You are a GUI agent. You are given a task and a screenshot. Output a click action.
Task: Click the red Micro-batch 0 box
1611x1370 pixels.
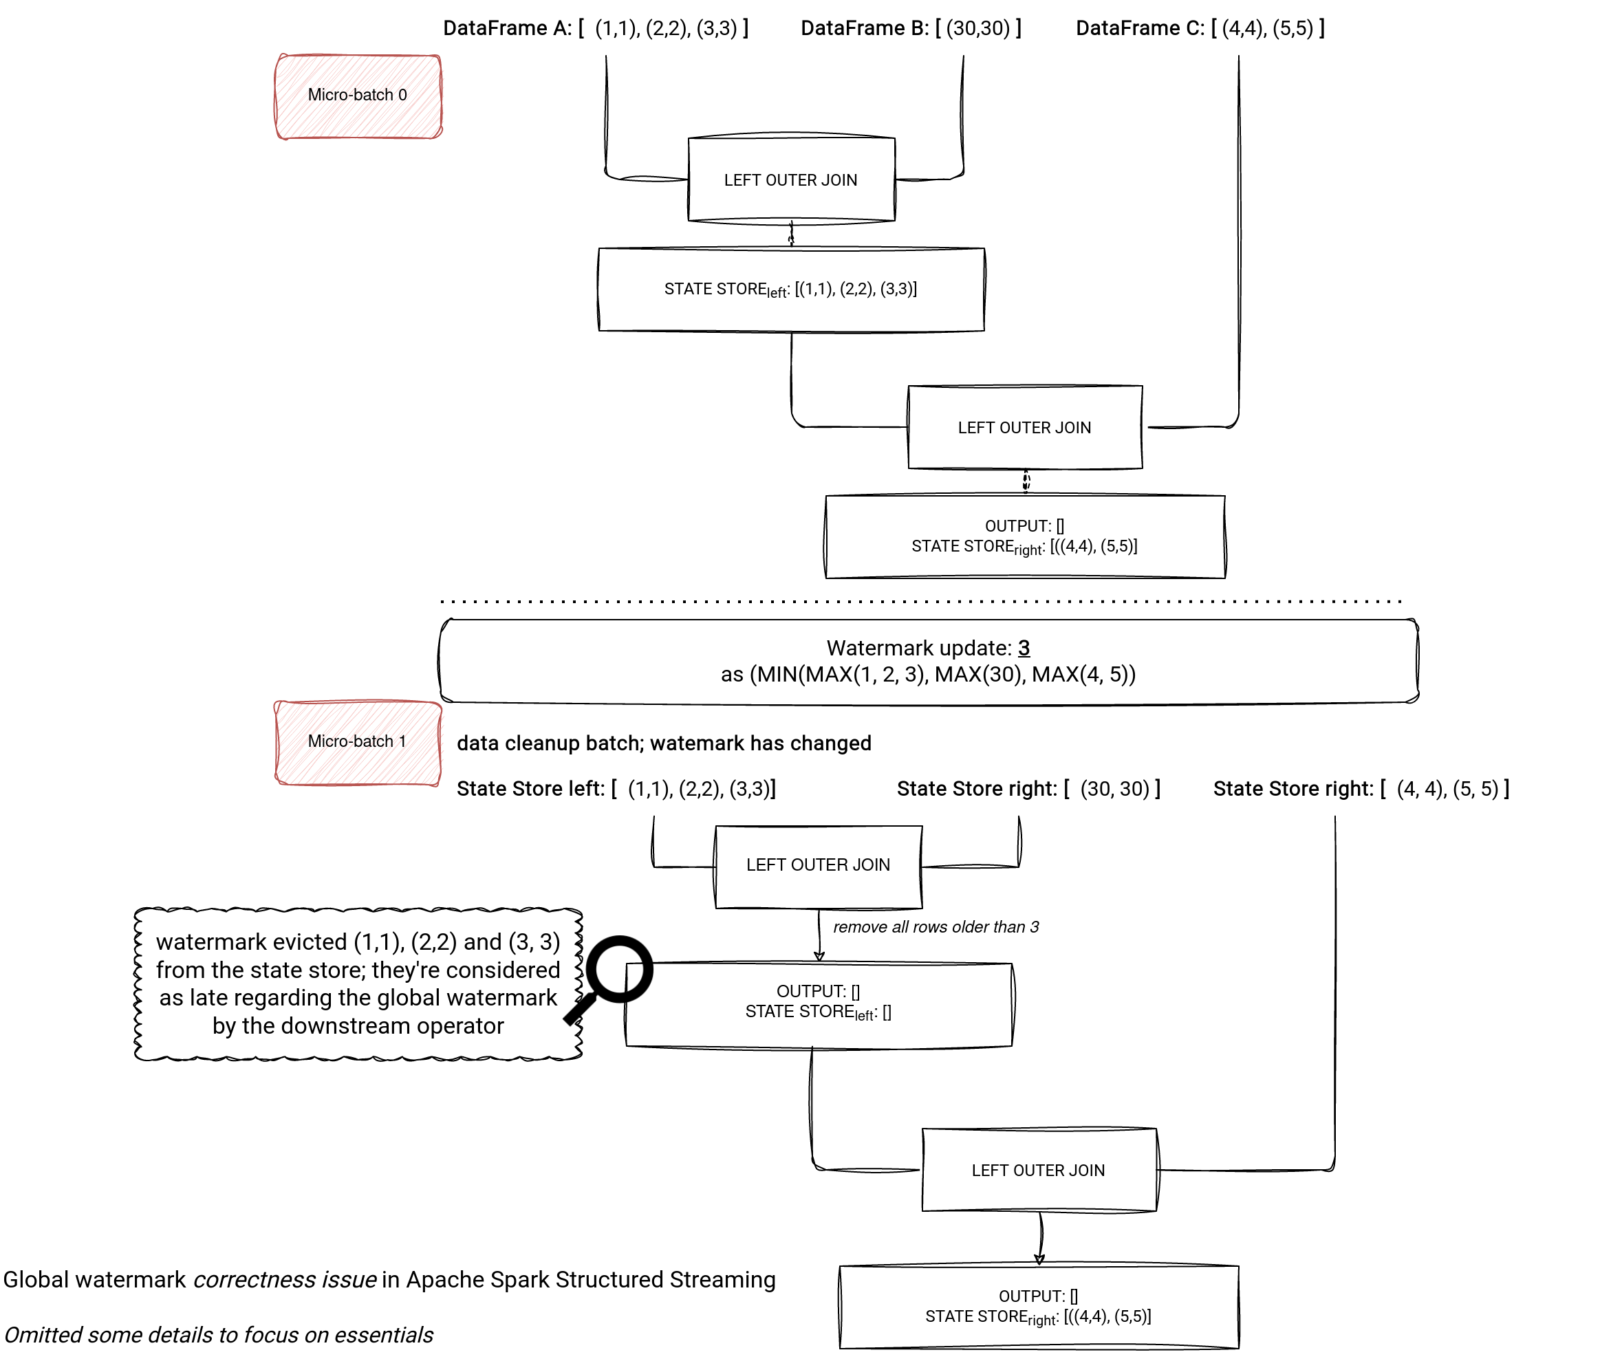coord(358,96)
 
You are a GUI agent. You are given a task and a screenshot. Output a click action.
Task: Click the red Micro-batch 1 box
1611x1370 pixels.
coord(358,743)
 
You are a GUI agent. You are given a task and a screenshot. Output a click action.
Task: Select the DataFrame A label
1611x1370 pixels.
coord(596,29)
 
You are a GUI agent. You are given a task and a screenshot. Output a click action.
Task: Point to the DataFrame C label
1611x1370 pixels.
coord(1200,29)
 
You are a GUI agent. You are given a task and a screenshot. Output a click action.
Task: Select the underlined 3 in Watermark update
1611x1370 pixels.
coord(1024,648)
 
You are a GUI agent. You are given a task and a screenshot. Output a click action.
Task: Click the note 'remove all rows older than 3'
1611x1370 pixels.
coord(936,926)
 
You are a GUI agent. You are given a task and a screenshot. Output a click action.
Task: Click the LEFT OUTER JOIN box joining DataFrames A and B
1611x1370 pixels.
coord(792,180)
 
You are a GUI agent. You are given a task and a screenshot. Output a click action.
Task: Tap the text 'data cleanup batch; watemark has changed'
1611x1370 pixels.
coord(664,743)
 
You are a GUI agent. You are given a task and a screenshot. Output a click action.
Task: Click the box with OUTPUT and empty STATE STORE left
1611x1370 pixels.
coord(819,1005)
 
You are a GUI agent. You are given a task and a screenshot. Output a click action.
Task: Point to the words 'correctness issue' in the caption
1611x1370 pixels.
coord(285,1279)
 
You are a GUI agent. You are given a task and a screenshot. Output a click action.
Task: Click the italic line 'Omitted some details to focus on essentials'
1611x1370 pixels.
coord(219,1334)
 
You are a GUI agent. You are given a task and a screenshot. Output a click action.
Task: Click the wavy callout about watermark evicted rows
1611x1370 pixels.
coord(359,984)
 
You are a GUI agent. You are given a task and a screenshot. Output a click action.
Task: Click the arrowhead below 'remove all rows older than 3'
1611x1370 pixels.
coord(819,956)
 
